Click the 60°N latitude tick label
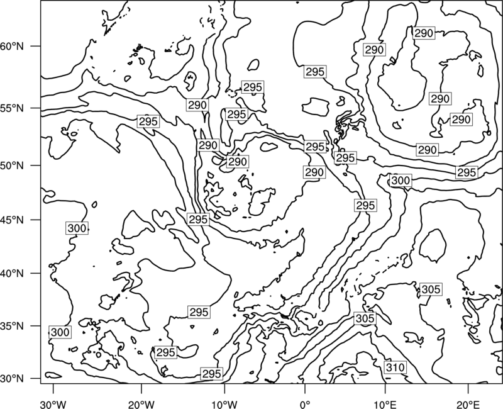pyautogui.click(x=12, y=46)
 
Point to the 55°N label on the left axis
pyautogui.click(x=12, y=108)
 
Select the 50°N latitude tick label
pyautogui.click(x=12, y=165)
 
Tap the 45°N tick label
pyautogui.click(x=12, y=220)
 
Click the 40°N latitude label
pyautogui.click(x=12, y=274)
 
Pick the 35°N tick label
pyautogui.click(x=12, y=326)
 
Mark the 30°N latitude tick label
pyautogui.click(x=12, y=379)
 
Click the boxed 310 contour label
pyautogui.click(x=395, y=367)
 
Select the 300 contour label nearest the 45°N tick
pyautogui.click(x=77, y=228)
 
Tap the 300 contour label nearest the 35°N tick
pyautogui.click(x=60, y=332)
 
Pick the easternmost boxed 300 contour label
pyautogui.click(x=401, y=180)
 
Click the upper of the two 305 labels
pyautogui.click(x=431, y=289)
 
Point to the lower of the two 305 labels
pyautogui.click(x=365, y=318)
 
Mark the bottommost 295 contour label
pyautogui.click(x=212, y=373)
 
